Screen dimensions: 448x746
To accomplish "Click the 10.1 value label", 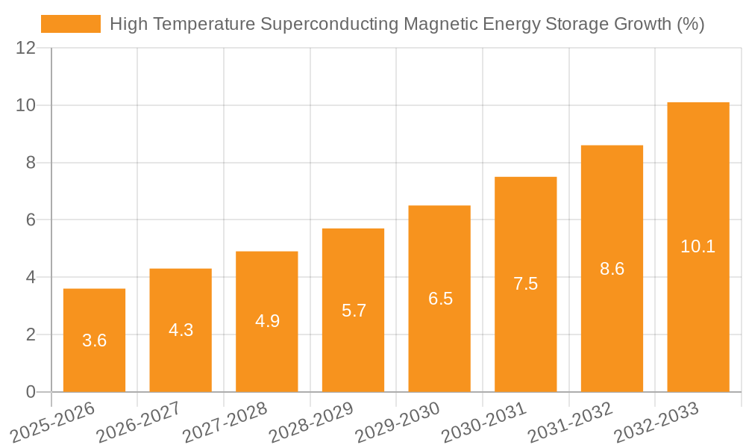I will (698, 246).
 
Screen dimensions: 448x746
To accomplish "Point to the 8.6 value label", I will (612, 269).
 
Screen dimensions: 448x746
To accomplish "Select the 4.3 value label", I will (181, 330).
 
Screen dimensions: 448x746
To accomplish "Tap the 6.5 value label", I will (439, 299).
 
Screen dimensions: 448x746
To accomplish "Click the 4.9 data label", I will (267, 321).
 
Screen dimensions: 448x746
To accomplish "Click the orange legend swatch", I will (71, 24).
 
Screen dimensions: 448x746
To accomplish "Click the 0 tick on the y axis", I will (31, 392).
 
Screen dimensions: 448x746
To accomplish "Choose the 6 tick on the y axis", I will (31, 220).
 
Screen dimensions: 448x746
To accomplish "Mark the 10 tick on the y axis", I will (25, 105).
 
